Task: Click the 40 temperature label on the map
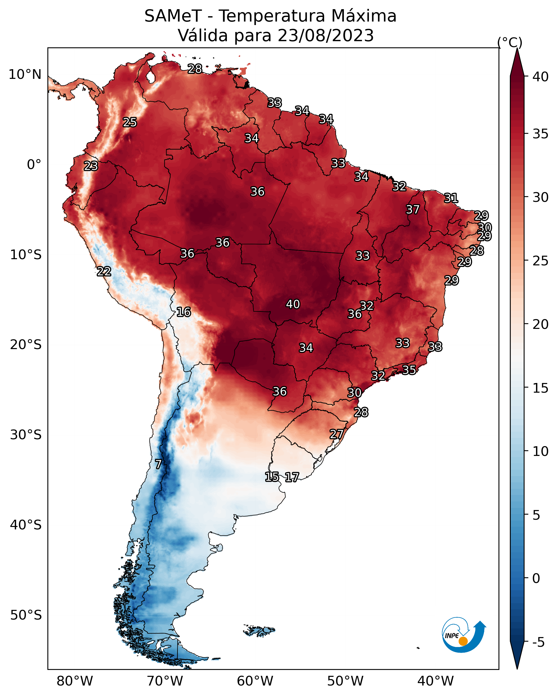click(x=293, y=304)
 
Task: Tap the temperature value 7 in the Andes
click(x=158, y=464)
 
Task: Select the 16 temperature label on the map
click(x=184, y=312)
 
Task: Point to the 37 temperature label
click(x=413, y=209)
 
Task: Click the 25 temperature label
click(x=130, y=122)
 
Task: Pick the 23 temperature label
click(x=91, y=166)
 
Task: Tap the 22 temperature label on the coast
click(x=104, y=272)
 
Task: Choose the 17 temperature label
click(x=292, y=477)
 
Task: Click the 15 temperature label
click(x=272, y=476)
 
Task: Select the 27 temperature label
click(x=337, y=434)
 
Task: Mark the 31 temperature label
click(x=451, y=198)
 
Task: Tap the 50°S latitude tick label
click(x=26, y=615)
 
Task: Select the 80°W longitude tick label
click(x=75, y=681)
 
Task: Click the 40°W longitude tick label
click(x=435, y=681)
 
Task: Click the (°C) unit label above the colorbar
click(x=510, y=42)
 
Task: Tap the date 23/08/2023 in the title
click(x=326, y=35)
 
